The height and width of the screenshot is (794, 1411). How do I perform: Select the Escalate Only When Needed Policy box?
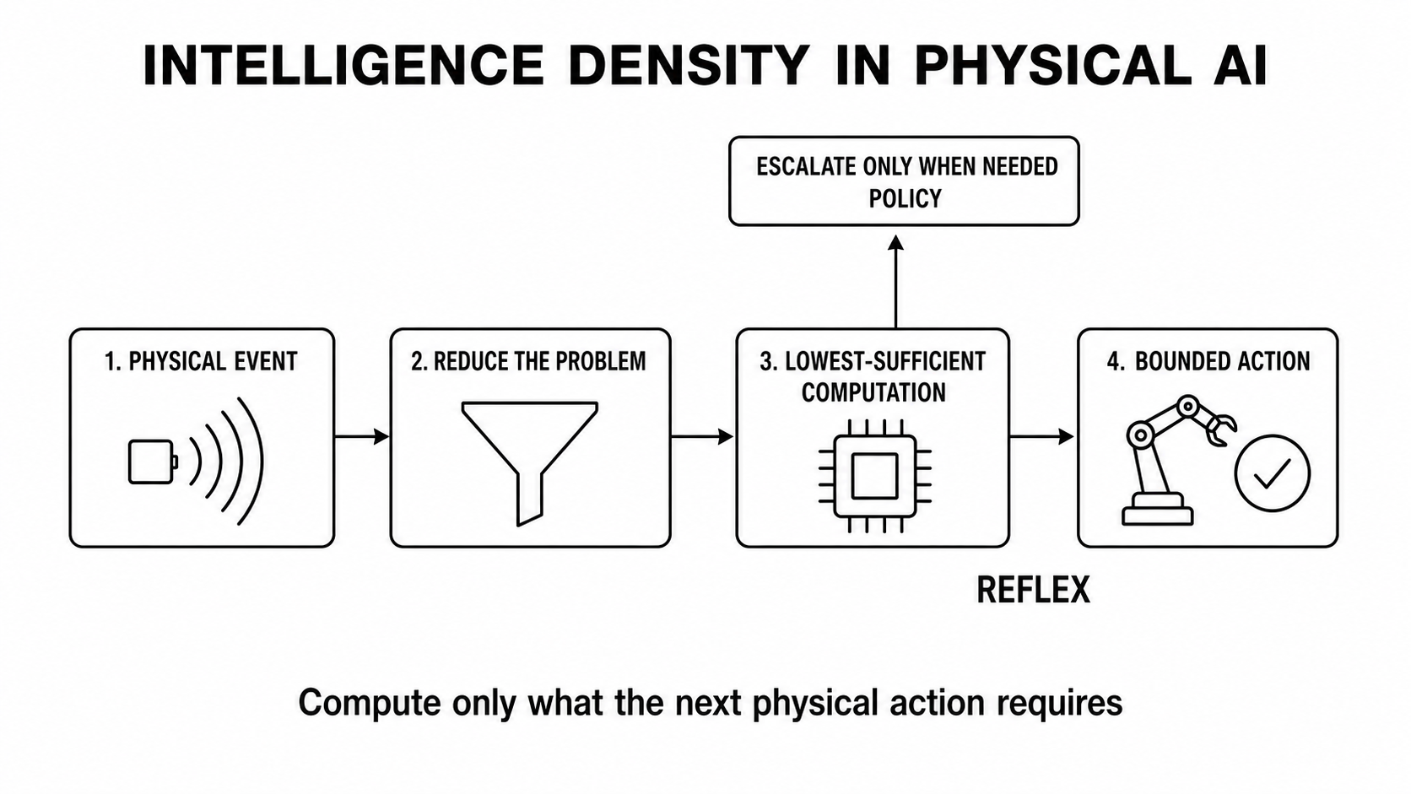[904, 181]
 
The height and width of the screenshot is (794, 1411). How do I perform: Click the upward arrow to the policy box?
[895, 282]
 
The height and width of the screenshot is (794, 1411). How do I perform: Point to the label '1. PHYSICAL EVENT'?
[201, 361]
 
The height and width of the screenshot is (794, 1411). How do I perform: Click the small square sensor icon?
[153, 462]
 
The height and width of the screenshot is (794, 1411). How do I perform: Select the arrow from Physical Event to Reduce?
[361, 435]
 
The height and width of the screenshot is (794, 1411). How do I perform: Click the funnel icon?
[530, 463]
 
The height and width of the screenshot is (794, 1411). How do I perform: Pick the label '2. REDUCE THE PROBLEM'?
[528, 361]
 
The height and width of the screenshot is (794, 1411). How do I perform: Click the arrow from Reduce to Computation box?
[702, 435]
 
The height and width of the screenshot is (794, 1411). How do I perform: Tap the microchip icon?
[874, 476]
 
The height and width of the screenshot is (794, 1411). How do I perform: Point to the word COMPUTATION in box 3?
[873, 392]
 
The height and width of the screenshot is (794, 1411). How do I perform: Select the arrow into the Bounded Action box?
[1042, 435]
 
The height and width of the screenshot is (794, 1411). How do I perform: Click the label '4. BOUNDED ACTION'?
[1208, 361]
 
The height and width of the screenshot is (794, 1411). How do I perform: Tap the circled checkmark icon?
[1273, 473]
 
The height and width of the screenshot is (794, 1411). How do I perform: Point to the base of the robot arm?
[1157, 510]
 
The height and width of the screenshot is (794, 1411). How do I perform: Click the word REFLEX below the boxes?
[1033, 590]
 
